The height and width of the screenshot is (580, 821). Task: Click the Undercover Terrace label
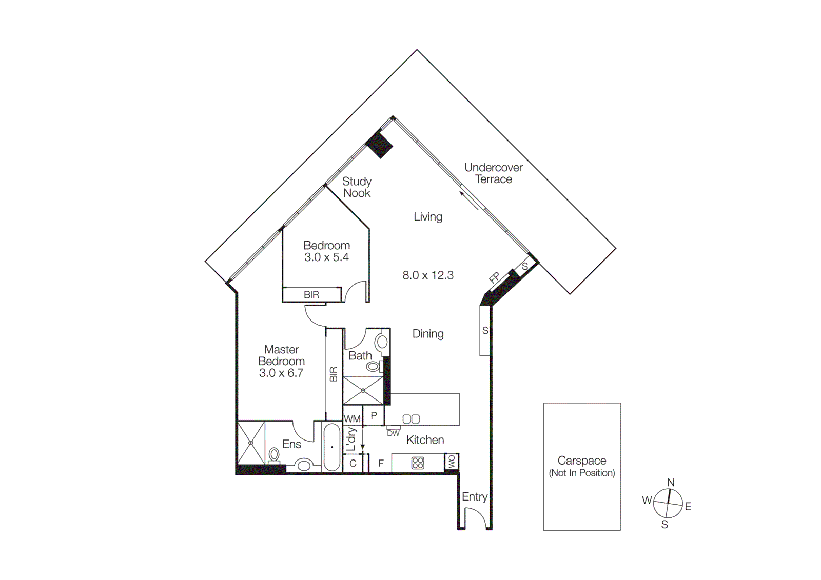click(x=493, y=173)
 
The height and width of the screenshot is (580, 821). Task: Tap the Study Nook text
click(x=357, y=187)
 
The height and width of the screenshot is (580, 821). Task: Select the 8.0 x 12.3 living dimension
click(x=428, y=275)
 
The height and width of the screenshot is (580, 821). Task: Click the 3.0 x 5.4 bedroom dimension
click(x=326, y=257)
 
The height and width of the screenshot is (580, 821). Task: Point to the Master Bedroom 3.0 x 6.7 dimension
click(x=281, y=373)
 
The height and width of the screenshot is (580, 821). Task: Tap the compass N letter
click(x=671, y=483)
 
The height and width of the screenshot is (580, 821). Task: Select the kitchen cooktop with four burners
click(x=418, y=463)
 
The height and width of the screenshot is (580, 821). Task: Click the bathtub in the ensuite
click(x=332, y=447)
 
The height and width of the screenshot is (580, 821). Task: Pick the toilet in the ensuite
click(x=274, y=455)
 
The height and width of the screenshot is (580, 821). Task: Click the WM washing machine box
click(x=352, y=419)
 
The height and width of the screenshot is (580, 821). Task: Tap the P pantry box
click(x=374, y=415)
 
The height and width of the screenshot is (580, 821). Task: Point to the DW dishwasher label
click(x=393, y=433)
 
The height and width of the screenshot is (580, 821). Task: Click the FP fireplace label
click(x=495, y=278)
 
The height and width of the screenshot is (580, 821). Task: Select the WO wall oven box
click(x=452, y=461)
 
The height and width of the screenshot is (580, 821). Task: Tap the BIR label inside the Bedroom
click(x=311, y=295)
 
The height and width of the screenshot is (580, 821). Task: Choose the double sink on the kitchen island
click(x=411, y=419)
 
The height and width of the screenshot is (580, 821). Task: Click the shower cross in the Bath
click(x=363, y=391)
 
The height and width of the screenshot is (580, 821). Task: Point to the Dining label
click(x=428, y=334)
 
